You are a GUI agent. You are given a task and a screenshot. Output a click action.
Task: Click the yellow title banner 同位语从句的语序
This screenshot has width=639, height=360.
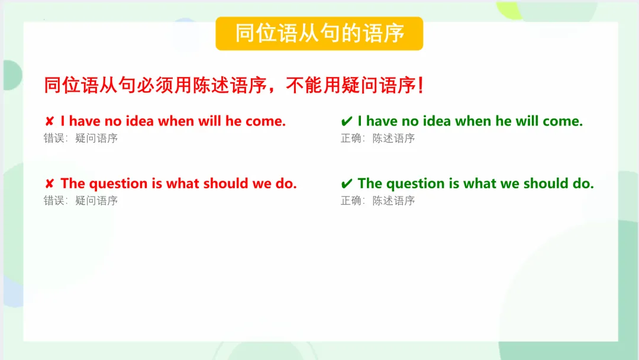(x=319, y=33)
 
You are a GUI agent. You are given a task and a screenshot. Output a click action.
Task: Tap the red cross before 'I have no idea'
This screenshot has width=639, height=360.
(x=49, y=121)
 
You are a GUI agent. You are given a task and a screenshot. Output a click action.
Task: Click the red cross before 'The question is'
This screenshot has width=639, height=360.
(x=49, y=184)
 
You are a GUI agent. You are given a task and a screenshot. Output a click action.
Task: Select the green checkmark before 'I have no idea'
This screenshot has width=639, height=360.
(x=346, y=121)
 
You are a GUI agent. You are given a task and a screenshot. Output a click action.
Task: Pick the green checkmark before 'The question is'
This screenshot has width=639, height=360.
(x=346, y=184)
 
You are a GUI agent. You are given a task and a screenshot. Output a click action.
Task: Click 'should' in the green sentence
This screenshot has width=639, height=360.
(x=546, y=184)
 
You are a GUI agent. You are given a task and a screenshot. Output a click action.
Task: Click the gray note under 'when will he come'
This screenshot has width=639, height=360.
(x=80, y=138)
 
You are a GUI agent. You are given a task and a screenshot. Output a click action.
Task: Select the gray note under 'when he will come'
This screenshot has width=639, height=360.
(x=377, y=138)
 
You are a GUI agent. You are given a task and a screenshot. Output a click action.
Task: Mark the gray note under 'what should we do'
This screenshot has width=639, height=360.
(x=80, y=201)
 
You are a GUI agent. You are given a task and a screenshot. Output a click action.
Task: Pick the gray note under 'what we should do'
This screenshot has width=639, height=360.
(x=377, y=201)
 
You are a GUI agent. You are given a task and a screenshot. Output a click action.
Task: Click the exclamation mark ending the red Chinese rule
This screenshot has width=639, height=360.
(x=421, y=85)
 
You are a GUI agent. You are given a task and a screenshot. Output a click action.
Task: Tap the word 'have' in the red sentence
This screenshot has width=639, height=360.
(x=85, y=121)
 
